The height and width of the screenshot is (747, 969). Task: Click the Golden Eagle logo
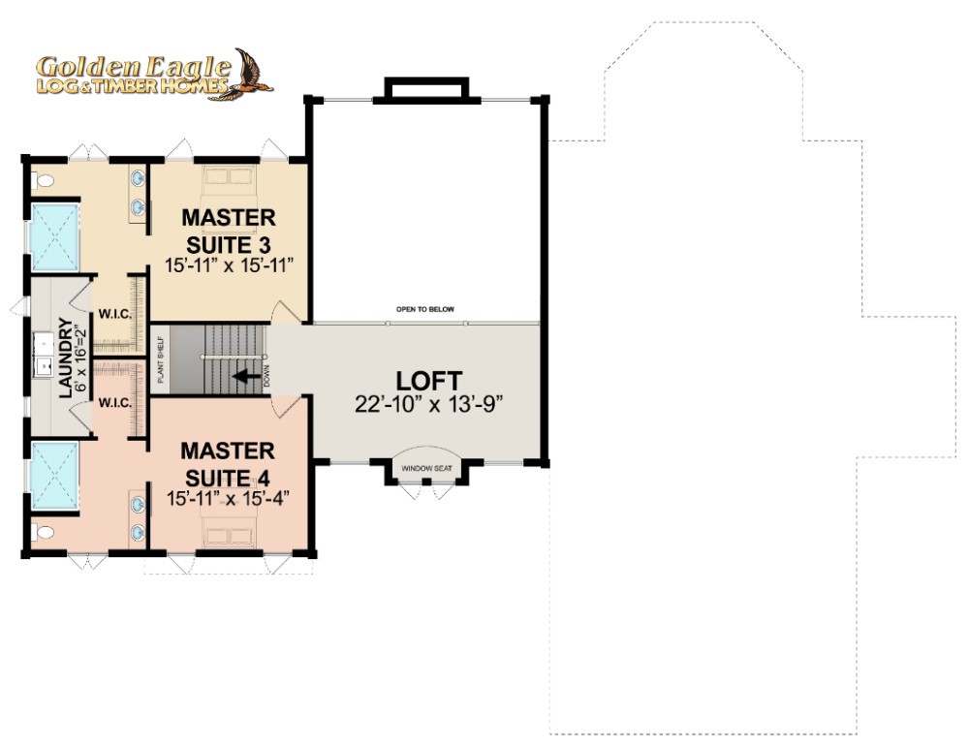pyautogui.click(x=154, y=75)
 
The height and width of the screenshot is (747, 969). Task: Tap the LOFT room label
pyautogui.click(x=429, y=381)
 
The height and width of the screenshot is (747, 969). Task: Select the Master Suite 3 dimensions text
pyautogui.click(x=229, y=265)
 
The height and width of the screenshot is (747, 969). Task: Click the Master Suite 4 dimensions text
pyautogui.click(x=229, y=499)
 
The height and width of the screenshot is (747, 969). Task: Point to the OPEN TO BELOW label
pyautogui.click(x=425, y=309)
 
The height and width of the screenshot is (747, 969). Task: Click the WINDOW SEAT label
pyautogui.click(x=426, y=468)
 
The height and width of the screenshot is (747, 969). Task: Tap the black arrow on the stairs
pyautogui.click(x=246, y=376)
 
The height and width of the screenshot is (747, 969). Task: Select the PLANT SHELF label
pyautogui.click(x=161, y=359)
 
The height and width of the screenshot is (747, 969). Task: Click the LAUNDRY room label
pyautogui.click(x=66, y=358)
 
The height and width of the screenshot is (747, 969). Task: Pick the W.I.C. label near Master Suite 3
pyautogui.click(x=115, y=314)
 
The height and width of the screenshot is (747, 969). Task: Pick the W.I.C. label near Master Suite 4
pyautogui.click(x=115, y=403)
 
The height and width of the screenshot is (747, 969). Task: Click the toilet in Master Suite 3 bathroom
pyautogui.click(x=43, y=181)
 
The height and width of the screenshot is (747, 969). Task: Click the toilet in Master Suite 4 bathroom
pyautogui.click(x=43, y=531)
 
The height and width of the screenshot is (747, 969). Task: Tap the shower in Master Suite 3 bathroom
pyautogui.click(x=55, y=237)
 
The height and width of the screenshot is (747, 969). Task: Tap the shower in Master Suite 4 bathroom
pyautogui.click(x=55, y=475)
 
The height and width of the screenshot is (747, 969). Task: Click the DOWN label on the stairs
pyautogui.click(x=267, y=376)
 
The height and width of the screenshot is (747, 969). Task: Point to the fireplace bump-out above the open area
pyautogui.click(x=426, y=88)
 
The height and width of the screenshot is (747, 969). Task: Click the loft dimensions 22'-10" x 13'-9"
pyautogui.click(x=429, y=403)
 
